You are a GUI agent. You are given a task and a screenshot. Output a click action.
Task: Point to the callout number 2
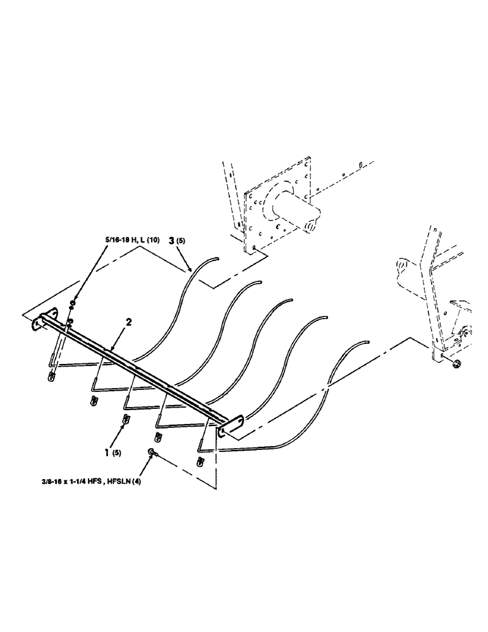tap(128, 322)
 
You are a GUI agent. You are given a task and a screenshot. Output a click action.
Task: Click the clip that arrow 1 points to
tap(126, 420)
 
